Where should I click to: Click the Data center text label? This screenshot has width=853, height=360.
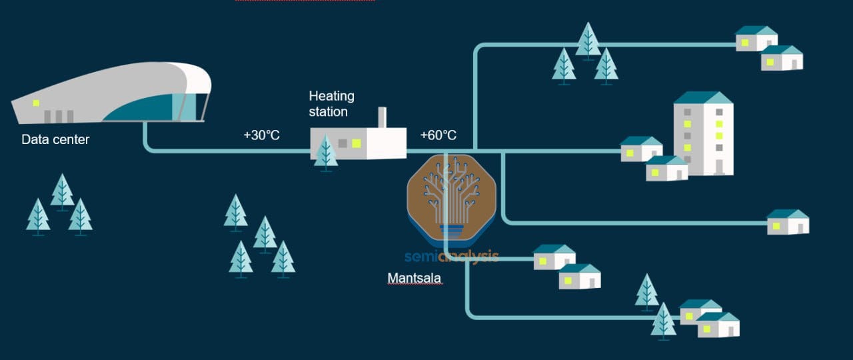[x=55, y=140]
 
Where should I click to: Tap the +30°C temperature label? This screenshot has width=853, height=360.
[x=261, y=135]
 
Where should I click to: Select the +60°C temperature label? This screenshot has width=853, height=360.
[x=438, y=135]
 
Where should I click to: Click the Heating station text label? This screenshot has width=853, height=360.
[x=331, y=104]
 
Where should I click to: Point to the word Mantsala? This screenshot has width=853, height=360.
[x=414, y=278]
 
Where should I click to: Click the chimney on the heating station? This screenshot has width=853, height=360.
[x=383, y=117]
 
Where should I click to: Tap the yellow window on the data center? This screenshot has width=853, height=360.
[x=36, y=103]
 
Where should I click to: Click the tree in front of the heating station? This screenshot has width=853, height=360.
[x=326, y=152]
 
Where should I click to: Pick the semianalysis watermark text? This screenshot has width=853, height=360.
[x=451, y=256]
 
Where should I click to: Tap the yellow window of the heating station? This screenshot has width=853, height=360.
[x=357, y=143]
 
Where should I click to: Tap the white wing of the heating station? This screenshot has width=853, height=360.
[x=387, y=143]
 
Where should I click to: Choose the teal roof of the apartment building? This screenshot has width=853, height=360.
[x=703, y=98]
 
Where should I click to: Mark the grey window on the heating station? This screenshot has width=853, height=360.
[x=343, y=143]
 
